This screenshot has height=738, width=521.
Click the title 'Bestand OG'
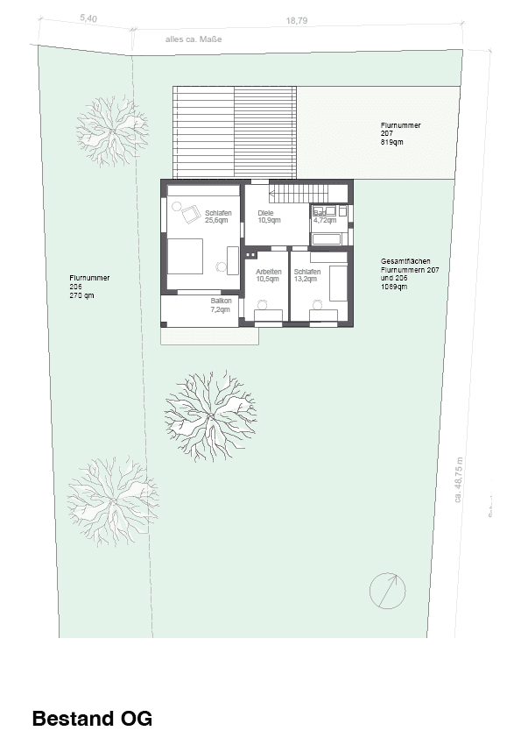coord(92,719)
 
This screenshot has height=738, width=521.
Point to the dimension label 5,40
coord(88,18)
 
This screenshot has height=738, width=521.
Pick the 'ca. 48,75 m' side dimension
coord(457,481)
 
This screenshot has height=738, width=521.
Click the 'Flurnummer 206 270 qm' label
coord(89,287)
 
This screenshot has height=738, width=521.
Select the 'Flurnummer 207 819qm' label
coord(400,133)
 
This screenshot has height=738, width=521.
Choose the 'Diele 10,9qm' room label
coord(268,216)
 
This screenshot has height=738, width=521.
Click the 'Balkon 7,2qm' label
coord(221,305)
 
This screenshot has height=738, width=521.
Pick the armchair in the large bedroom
coord(188,210)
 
